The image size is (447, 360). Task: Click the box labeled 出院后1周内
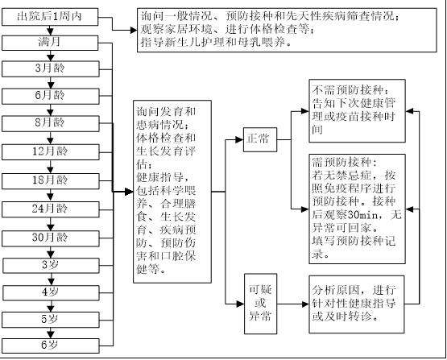point(50,17)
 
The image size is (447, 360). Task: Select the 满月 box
point(50,43)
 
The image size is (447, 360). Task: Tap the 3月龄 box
point(51,69)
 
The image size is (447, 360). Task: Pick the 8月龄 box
point(51,123)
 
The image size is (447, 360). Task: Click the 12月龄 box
point(51,152)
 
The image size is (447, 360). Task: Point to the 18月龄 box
point(51,181)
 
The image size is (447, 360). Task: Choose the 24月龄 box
point(51,209)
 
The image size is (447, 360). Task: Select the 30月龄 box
point(51,238)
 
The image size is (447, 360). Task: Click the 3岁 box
point(52,266)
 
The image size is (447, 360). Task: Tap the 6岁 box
point(51,346)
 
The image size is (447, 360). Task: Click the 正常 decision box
point(260,139)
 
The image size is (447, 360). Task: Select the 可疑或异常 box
point(261,304)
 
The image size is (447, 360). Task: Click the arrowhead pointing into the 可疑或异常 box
point(240,304)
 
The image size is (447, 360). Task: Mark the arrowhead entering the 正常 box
point(239,139)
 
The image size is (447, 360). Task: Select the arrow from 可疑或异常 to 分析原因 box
point(293,304)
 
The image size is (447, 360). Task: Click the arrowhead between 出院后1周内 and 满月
point(50,31)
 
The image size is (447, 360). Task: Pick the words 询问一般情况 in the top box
point(176,15)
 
